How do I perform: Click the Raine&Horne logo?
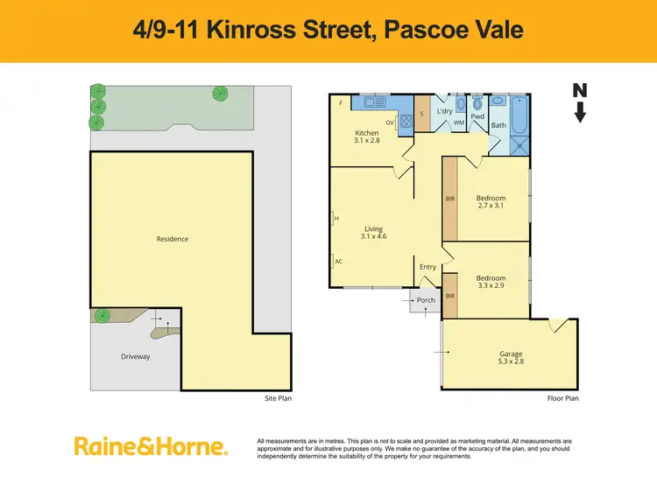pos(152,446)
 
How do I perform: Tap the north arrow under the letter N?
pos(580,113)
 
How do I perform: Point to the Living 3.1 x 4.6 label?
pos(373,233)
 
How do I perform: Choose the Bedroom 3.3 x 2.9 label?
pos(491,283)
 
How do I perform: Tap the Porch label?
pos(426,301)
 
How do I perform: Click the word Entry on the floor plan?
pos(427,267)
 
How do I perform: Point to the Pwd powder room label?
pos(477,116)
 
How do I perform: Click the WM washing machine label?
pos(458,123)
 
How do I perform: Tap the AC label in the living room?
pos(337,260)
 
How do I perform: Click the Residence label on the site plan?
pos(172,239)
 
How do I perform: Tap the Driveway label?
pos(136,356)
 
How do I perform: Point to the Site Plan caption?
pos(278,398)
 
